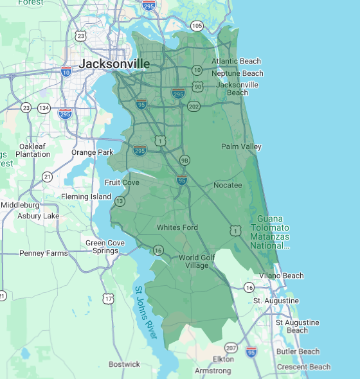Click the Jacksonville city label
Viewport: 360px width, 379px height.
coord(114,64)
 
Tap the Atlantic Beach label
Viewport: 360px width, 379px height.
coord(237,62)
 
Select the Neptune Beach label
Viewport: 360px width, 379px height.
coord(237,73)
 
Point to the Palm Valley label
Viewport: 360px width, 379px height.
coord(241,147)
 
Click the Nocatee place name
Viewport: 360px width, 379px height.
coord(228,185)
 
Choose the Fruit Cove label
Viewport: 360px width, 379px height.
coord(122,182)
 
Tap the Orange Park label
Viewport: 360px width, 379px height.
coord(92,152)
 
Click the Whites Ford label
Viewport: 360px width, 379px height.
coord(177,227)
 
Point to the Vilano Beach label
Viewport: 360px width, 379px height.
coord(282,276)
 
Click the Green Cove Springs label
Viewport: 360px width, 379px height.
coord(105,247)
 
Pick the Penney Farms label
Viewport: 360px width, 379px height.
coord(43,253)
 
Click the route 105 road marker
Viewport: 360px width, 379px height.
coord(197,26)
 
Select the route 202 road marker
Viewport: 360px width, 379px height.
coord(194,106)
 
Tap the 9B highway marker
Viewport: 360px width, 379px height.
coord(185,160)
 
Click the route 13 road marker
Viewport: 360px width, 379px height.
coord(120,201)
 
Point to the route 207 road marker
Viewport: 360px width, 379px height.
coord(231,348)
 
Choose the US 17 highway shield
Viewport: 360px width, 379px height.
coord(108,299)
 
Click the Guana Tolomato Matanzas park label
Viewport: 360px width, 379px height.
coord(278,232)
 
